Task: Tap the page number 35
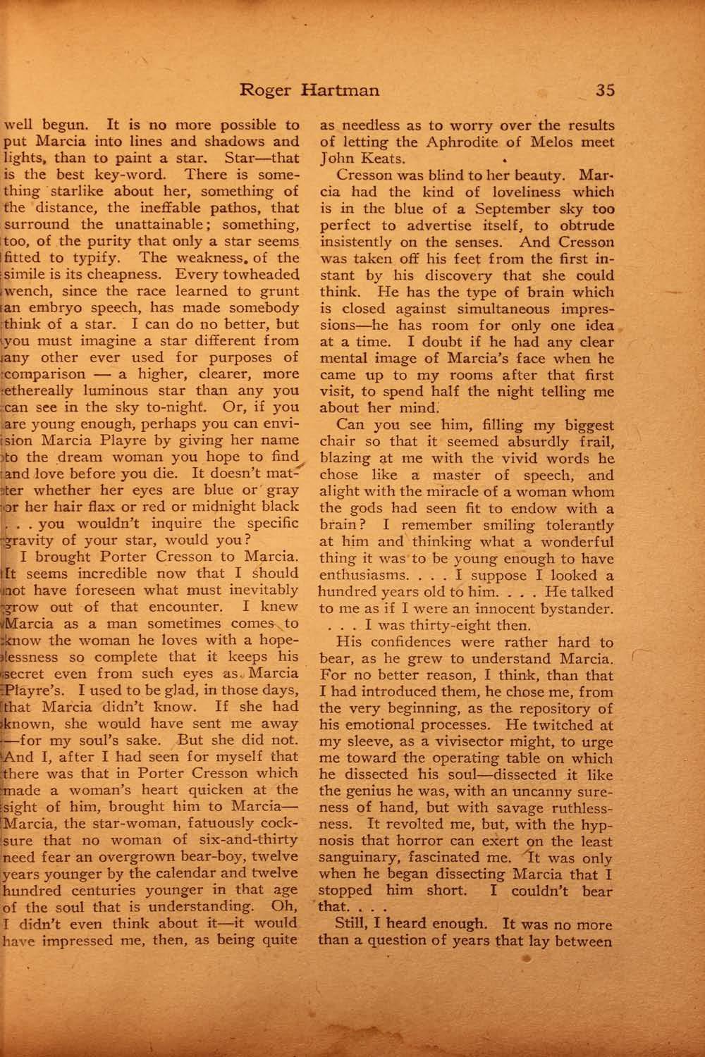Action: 605,90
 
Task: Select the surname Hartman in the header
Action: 341,90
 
